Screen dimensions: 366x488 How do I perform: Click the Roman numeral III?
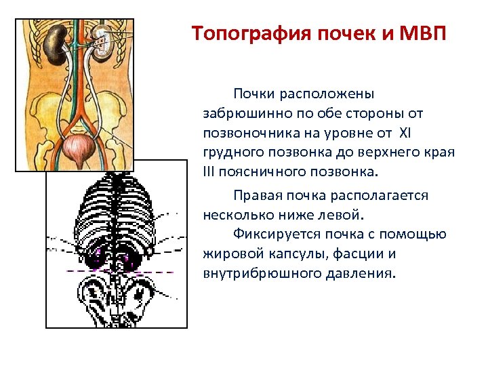coord(208,169)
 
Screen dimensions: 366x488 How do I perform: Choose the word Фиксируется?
coord(274,235)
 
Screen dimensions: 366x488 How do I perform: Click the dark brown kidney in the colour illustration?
coord(55,45)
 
